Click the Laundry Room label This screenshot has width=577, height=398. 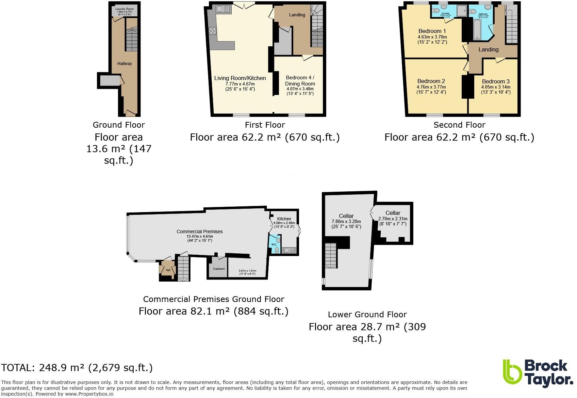point(124,9)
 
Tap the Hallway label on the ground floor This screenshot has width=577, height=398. point(125,64)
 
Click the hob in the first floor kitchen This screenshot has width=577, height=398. point(213,31)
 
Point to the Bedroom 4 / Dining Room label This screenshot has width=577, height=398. point(300,80)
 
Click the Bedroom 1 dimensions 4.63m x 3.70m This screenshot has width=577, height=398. point(432,37)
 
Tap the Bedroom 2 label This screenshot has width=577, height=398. point(431,81)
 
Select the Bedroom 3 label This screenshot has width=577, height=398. point(495,81)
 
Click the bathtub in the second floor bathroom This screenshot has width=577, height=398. point(475,28)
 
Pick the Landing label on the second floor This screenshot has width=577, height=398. point(488,49)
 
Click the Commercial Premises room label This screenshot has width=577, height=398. point(199,232)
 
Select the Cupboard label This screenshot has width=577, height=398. point(218,269)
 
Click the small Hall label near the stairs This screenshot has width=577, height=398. point(168,270)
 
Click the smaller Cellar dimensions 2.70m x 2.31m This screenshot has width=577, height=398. point(393,219)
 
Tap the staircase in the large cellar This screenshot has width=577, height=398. point(330,255)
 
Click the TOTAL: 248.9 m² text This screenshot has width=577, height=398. point(77,368)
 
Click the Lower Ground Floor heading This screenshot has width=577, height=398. point(367,315)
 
